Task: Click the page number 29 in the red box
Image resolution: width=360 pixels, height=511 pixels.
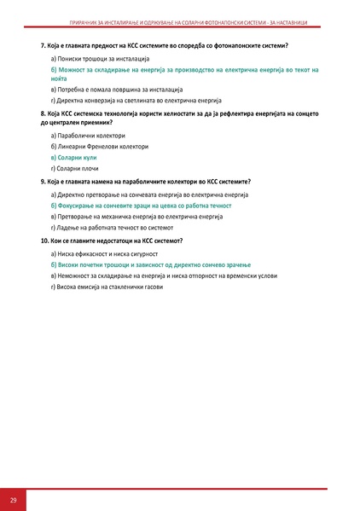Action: click(14, 499)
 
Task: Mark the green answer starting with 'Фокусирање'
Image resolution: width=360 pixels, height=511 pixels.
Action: click(141, 206)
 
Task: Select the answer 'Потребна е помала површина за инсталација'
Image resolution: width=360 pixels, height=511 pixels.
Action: click(117, 89)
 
